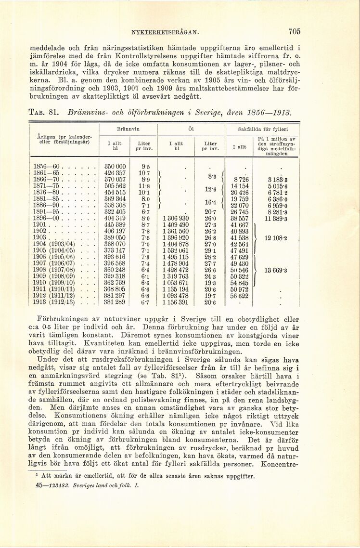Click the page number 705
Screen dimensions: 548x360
click(295, 32)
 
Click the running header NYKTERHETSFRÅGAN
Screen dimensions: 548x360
click(162, 33)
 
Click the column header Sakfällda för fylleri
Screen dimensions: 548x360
click(263, 130)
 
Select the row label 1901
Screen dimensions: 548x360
click(41, 224)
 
